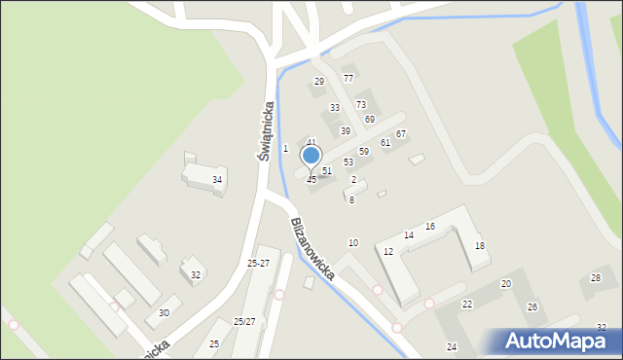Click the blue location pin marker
coord(311,156)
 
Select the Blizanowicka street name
coord(311,249)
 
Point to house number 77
coord(348,78)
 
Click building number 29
coord(318,82)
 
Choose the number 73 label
coord(360,104)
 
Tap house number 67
coord(400,133)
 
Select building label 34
coord(217,180)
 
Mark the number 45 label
coord(311,180)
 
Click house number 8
coord(351,199)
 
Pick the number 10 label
coord(352,242)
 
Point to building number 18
coord(479,246)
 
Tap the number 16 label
coord(429,227)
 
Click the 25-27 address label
coord(258,264)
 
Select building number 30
coord(164,312)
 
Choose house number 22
coord(466,305)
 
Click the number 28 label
coord(596,279)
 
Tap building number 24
coord(452,347)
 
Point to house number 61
coord(385,143)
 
